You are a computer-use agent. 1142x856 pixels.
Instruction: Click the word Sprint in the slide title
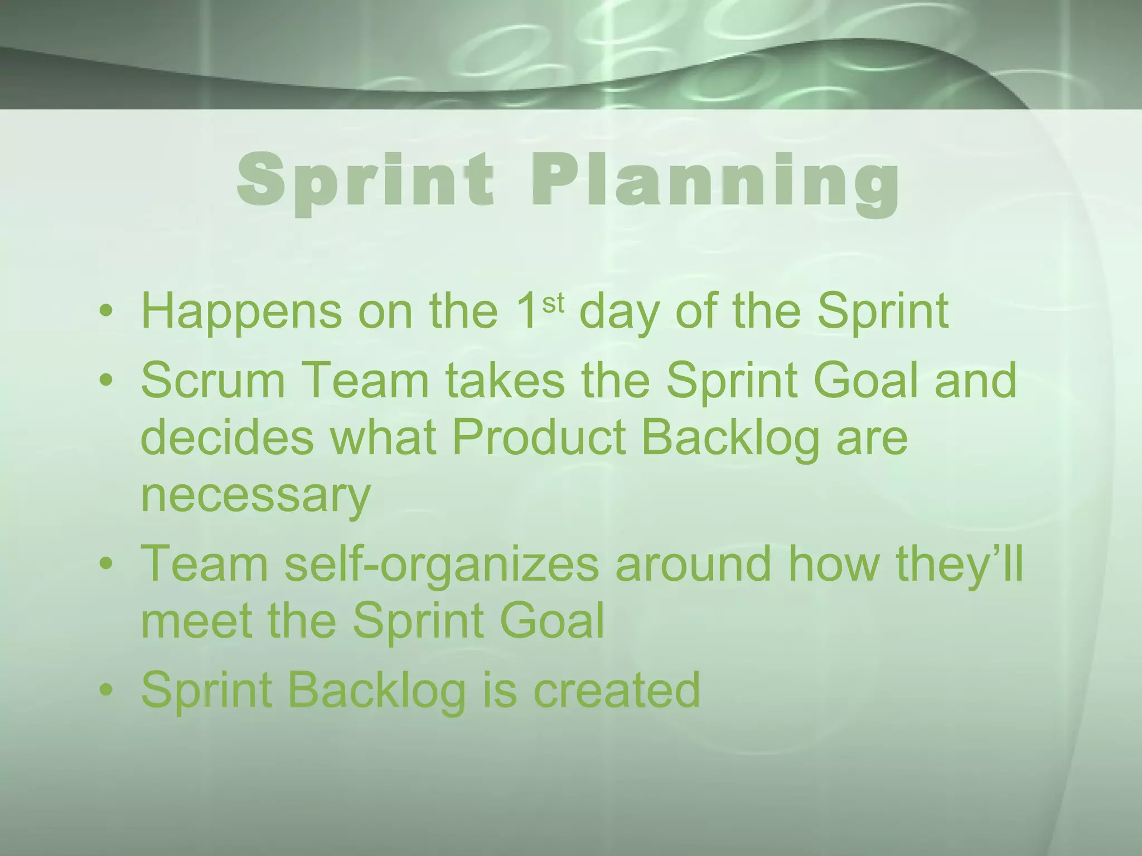tap(365, 179)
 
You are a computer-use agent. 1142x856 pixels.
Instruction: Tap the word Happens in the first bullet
tap(241, 312)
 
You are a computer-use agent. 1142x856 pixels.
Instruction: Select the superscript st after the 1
tap(553, 304)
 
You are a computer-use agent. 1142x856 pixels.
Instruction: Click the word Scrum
tap(213, 381)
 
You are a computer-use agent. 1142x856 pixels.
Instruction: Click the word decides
tap(228, 438)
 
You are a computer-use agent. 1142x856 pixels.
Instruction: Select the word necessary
tap(255, 496)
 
